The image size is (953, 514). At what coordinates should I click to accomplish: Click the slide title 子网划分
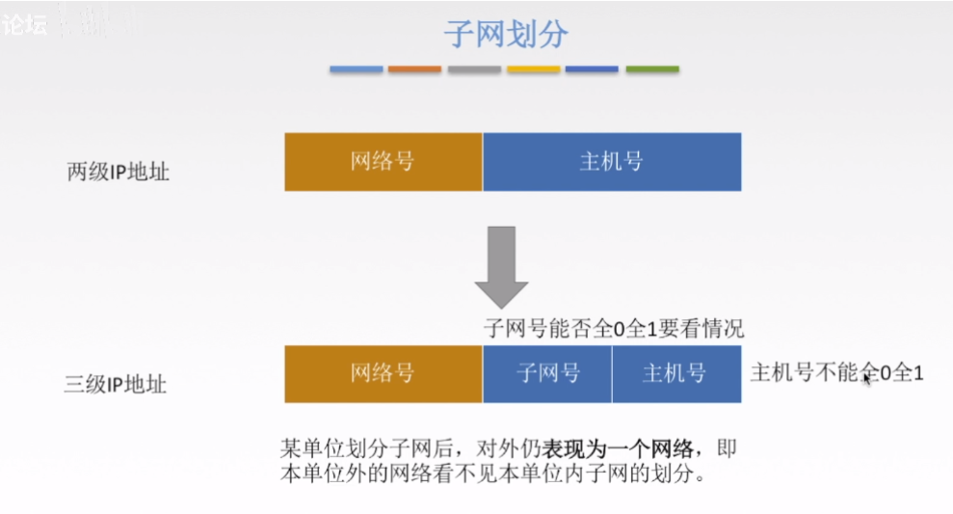(504, 35)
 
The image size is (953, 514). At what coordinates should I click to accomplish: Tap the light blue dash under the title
(357, 69)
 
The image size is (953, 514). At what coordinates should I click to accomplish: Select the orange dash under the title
(415, 69)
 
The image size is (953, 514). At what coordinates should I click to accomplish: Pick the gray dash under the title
(474, 69)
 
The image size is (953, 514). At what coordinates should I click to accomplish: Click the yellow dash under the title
(533, 69)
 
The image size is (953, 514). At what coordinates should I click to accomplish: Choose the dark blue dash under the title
(592, 69)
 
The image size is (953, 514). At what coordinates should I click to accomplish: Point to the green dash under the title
(652, 69)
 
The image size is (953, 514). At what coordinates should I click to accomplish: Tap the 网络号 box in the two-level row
(383, 161)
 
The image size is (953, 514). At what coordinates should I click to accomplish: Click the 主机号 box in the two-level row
(612, 161)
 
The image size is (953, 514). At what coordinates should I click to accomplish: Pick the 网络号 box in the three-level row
(383, 373)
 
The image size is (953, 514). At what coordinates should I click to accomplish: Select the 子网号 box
(547, 373)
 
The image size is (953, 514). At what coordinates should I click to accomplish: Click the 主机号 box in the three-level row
(676, 373)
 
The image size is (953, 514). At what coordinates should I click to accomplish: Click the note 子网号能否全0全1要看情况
(614, 328)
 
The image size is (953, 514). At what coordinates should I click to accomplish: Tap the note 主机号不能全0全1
(836, 372)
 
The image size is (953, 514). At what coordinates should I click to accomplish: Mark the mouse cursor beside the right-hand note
(867, 378)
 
